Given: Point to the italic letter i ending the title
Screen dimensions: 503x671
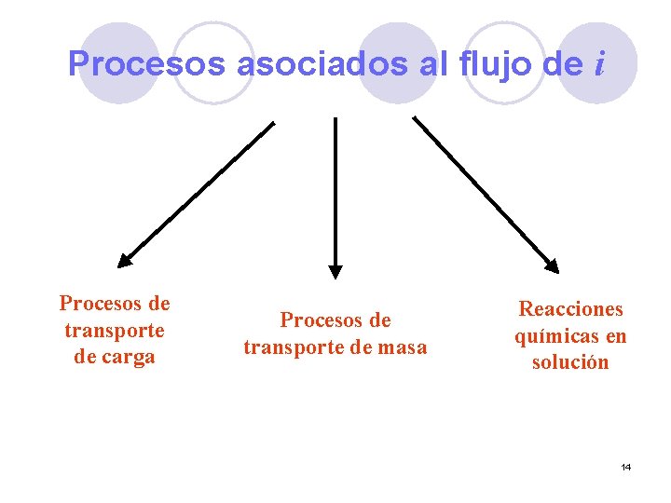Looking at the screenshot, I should pos(599,64).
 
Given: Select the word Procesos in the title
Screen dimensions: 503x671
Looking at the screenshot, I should pos(146,64).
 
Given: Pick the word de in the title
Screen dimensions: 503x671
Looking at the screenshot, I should pos(557,64).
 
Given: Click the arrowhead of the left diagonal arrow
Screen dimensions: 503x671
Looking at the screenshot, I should pos(126,260).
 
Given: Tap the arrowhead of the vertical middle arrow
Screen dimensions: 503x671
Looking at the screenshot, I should pos(335,272).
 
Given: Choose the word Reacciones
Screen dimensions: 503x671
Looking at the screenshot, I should pos(570,308).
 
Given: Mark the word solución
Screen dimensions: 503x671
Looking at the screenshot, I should pos(570,362).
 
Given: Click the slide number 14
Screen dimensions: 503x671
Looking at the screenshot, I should pos(625,466).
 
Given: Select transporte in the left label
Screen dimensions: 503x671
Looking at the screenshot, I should pos(115,330).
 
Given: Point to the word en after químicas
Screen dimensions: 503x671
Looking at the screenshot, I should pos(615,335).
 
